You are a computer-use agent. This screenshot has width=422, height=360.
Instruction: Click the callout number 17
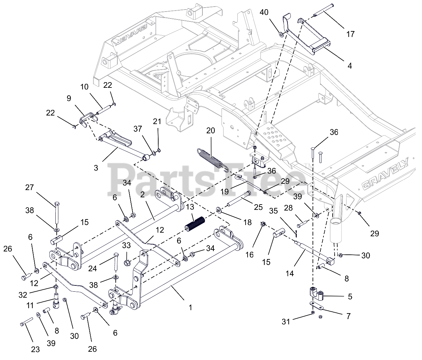pos(350,34)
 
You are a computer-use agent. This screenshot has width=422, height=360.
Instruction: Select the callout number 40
pos(264,12)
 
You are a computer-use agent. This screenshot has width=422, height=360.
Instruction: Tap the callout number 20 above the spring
pos(210,131)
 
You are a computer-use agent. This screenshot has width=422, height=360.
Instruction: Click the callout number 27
pos(30,187)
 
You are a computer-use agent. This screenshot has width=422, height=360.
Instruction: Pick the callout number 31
pos(286,321)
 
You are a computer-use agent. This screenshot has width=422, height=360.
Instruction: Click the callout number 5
pos(350,297)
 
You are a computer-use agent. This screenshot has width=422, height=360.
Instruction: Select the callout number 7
pos(348,316)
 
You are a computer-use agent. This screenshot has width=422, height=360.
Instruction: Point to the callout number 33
pos(127,245)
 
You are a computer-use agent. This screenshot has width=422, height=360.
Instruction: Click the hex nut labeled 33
pos(126,263)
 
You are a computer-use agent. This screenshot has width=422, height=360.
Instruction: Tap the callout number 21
pos(157,121)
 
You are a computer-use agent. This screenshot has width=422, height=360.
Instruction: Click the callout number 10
pos(84,87)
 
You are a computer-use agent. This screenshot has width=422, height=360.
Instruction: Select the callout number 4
pos(349,66)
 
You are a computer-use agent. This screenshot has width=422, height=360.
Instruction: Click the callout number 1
pos(190,308)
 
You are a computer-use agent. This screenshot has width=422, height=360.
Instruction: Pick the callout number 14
pos(290,273)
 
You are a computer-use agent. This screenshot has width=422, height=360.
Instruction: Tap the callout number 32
pos(22,295)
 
